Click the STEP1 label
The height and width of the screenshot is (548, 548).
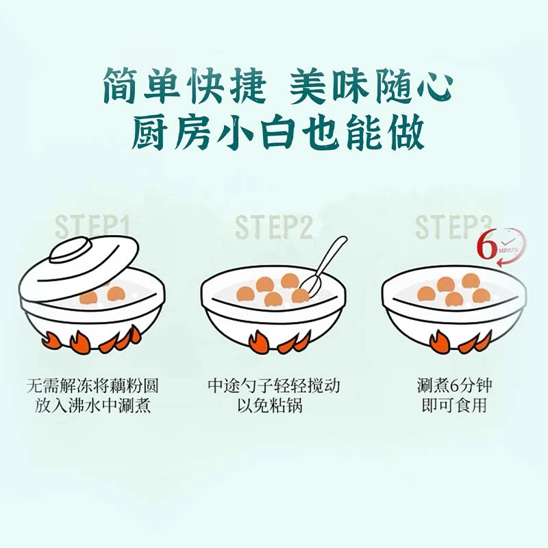(94, 227)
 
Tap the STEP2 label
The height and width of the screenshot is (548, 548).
(274, 227)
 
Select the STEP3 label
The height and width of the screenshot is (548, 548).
(454, 227)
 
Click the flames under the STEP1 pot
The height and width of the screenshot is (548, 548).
(92, 340)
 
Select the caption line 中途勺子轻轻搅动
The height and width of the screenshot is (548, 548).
(274, 386)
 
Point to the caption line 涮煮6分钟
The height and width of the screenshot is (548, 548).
(454, 386)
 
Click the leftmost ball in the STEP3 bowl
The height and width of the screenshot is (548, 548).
(427, 294)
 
